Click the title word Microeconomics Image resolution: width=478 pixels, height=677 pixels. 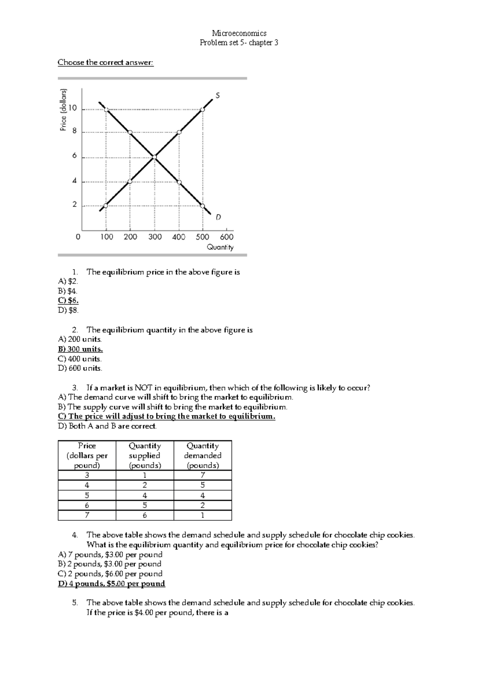239,33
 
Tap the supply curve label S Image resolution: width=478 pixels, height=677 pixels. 217,96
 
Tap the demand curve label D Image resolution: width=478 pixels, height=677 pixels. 218,217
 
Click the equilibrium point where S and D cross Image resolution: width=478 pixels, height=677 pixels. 154,157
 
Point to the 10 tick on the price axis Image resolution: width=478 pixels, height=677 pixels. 73,108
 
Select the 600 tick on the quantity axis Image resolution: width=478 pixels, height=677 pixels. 227,237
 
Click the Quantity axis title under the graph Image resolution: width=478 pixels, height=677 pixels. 220,247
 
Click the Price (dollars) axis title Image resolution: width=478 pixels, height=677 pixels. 63,110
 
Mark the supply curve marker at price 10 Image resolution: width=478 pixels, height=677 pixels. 202,109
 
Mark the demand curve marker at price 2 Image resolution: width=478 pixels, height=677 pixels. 202,206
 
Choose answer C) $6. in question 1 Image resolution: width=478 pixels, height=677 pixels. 68,301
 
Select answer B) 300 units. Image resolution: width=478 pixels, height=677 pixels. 80,349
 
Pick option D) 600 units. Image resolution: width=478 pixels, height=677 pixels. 80,368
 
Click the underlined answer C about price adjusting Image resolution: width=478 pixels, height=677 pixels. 167,417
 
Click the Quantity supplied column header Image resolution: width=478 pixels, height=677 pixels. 145,455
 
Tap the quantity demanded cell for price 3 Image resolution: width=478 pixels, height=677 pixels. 202,475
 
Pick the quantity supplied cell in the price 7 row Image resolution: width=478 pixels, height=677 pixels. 145,515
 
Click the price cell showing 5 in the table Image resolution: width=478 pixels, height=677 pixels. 87,496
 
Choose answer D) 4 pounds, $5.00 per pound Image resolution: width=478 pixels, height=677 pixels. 112,584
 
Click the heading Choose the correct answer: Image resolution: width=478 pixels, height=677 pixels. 106,63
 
